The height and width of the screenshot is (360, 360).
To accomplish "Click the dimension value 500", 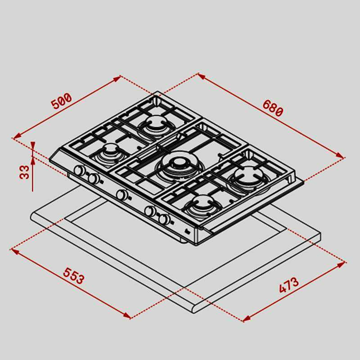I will pos(61,102).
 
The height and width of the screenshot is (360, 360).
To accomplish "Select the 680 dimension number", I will pos(273,108).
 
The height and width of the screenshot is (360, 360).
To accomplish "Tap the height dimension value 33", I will pos(24,171).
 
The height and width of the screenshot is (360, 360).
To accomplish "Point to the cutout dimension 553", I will pos(73,276).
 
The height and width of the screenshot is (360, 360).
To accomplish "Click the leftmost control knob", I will pos(79,171).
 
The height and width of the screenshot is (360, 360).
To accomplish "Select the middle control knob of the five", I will pos(121,195).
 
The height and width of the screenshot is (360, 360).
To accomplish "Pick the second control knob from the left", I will pos(93,179).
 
